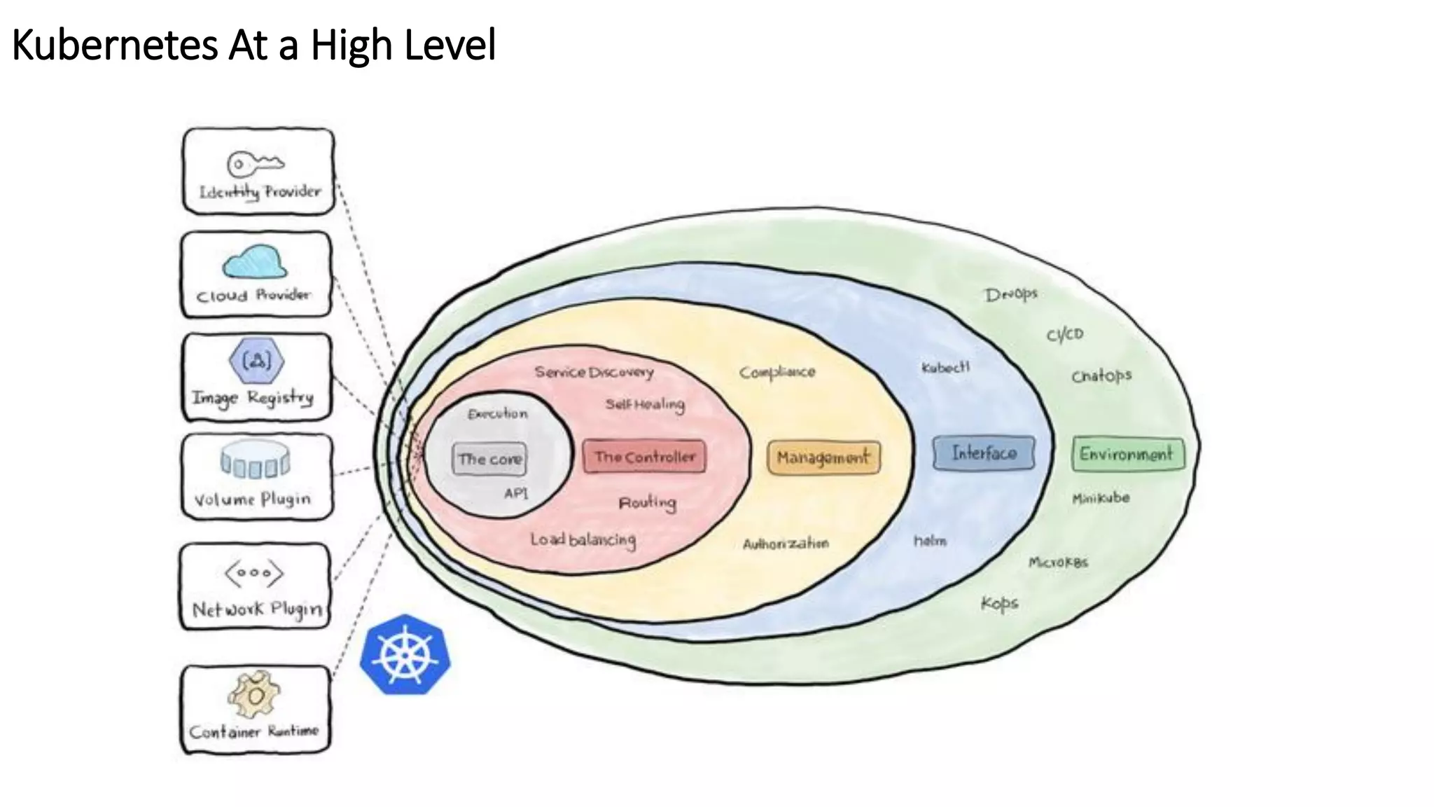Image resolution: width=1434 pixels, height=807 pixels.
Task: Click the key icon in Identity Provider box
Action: (255, 164)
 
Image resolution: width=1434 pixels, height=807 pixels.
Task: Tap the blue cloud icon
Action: (255, 262)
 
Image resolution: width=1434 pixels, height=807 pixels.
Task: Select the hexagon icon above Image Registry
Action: (256, 361)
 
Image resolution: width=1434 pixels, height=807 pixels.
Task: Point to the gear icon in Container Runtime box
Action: (254, 694)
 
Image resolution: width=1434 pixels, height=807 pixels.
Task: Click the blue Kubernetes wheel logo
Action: (405, 655)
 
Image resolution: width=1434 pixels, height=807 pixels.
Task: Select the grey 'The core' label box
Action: (489, 460)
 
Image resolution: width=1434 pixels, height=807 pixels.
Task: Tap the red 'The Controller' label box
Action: (644, 457)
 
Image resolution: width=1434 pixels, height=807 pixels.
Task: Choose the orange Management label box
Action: (823, 457)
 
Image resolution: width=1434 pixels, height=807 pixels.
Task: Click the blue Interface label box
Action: (984, 453)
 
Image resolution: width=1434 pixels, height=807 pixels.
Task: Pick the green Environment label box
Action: (1127, 454)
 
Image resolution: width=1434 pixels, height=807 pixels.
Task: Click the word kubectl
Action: (945, 367)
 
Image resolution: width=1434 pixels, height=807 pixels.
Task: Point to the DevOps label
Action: (1010, 294)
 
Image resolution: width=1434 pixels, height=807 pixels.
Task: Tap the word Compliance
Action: (777, 372)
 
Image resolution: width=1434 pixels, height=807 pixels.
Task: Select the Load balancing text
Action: (583, 539)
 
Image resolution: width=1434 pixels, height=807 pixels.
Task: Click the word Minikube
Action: (1101, 498)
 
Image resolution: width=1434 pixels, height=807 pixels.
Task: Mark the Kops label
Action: (999, 603)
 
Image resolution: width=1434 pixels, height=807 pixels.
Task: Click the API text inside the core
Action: (516, 493)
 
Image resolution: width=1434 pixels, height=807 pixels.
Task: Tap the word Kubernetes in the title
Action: (116, 46)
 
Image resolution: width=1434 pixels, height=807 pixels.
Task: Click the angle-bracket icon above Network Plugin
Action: (254, 573)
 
